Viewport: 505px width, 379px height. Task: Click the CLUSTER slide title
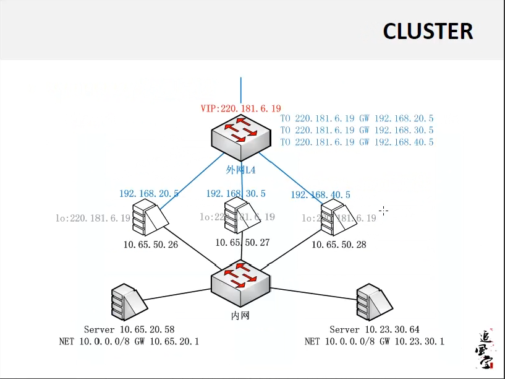428,30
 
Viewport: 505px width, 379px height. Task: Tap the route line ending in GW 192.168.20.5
357,118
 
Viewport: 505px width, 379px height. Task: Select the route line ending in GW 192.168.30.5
357,130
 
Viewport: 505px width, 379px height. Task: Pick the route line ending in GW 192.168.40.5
357,142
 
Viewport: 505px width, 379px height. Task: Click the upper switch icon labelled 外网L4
240,138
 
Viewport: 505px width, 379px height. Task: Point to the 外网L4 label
240,170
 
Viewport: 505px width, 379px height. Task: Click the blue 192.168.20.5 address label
149,194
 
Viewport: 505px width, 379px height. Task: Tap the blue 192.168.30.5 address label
236,194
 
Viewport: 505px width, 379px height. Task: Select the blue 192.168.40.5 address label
320,195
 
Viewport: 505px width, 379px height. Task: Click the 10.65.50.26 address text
150,245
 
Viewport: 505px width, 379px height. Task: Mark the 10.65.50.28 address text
338,245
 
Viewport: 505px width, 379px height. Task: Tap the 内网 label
240,316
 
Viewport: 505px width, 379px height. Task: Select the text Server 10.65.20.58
129,329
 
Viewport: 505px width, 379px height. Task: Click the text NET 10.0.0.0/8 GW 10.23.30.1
374,341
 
